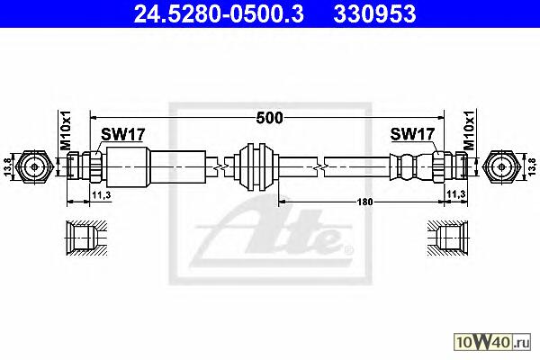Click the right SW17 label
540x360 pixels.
(x=412, y=135)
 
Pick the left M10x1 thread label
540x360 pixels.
(x=65, y=130)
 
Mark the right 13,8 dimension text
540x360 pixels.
(x=531, y=167)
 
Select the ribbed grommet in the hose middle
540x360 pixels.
(x=253, y=166)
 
